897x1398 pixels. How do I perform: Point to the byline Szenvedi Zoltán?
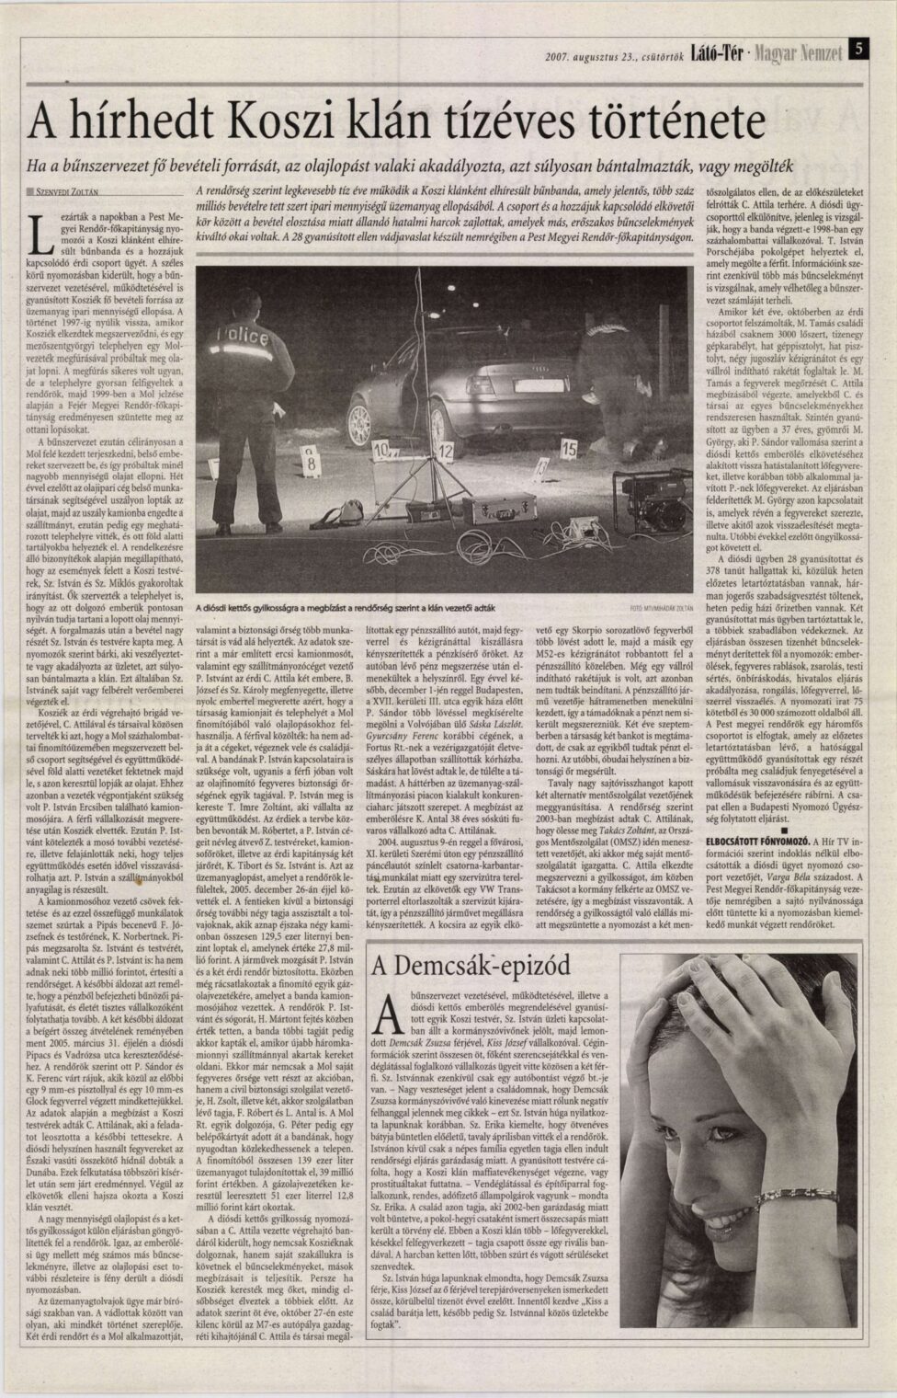tap(67, 192)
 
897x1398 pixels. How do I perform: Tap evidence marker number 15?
tap(568, 449)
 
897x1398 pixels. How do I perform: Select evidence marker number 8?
tap(311, 465)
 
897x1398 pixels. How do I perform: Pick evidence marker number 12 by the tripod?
tap(445, 451)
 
